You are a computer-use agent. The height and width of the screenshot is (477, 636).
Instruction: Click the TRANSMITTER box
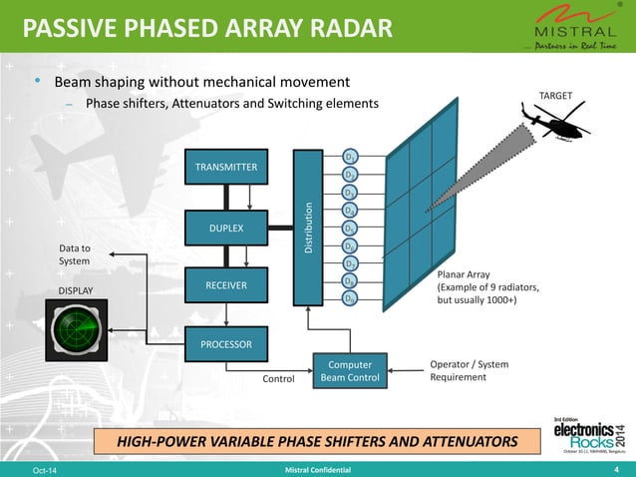coord(225,168)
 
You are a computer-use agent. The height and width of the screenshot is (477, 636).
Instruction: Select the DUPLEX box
coord(225,228)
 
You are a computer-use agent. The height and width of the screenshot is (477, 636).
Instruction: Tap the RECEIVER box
coord(225,286)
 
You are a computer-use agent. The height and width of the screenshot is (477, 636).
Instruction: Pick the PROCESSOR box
coord(225,345)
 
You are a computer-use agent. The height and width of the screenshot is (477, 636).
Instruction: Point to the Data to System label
coord(75,253)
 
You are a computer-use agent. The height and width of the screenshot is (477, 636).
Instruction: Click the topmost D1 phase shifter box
coord(350,158)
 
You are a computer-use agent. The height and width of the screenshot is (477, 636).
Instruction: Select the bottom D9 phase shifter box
coord(350,298)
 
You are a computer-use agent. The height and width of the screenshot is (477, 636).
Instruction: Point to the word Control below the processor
coord(279,379)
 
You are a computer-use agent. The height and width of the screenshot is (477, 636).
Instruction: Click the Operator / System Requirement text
coord(469,371)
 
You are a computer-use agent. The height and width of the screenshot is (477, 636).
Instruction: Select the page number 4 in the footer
coord(617,469)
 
